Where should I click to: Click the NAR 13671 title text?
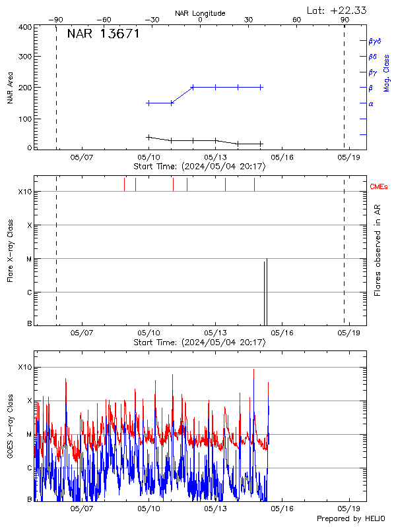[x=103, y=34]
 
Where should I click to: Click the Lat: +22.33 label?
[x=337, y=10]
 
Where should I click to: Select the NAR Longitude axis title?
[x=200, y=13]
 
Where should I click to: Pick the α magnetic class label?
[x=370, y=104]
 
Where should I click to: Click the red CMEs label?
[x=379, y=187]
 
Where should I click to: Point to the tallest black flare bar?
[x=267, y=290]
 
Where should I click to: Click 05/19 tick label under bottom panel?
[x=348, y=509]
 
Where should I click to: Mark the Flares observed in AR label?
[x=378, y=250]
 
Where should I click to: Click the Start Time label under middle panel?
[x=199, y=342]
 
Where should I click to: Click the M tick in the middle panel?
[x=28, y=259]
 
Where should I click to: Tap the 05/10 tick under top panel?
[x=148, y=158]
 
